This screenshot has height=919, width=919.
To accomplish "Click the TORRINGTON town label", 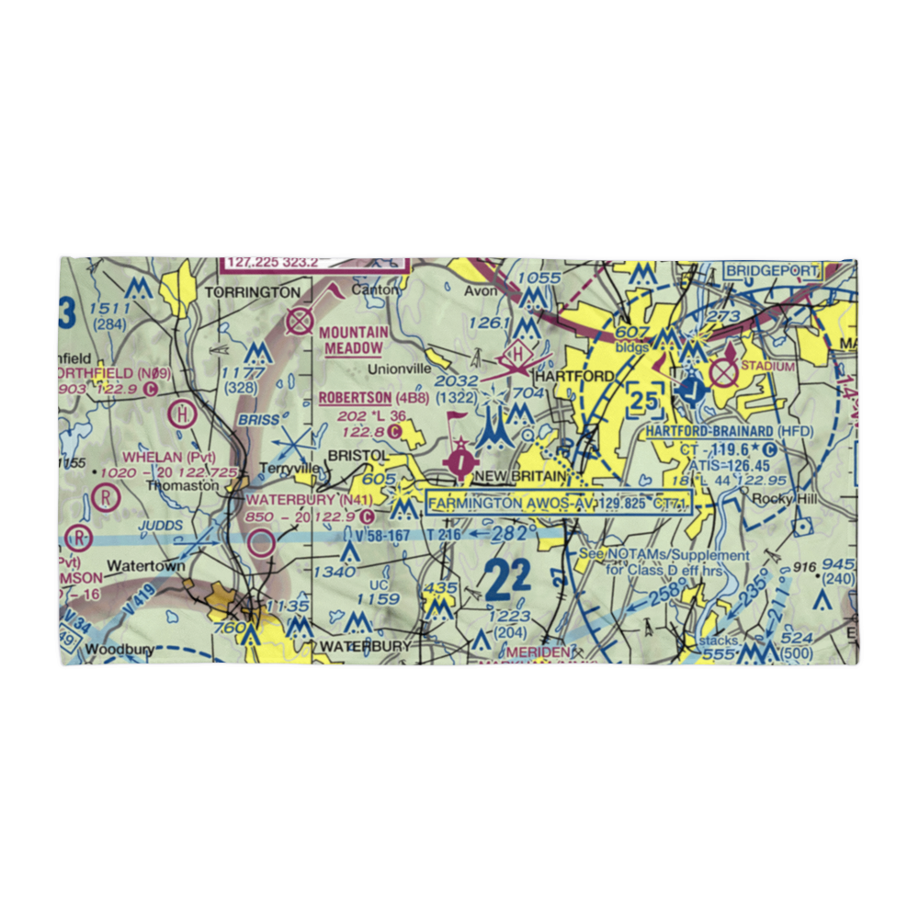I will tap(252, 292).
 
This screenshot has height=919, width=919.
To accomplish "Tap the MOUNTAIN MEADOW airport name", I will tap(355, 340).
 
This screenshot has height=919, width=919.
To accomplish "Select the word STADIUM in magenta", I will tap(766, 367).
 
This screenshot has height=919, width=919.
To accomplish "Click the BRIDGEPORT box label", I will tap(771, 271).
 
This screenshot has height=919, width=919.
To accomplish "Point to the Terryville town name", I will tap(292, 468).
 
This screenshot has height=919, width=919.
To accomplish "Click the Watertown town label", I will tap(146, 566).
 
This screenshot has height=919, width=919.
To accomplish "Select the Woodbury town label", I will tap(111, 650).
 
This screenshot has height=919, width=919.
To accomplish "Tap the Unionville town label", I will tap(399, 369).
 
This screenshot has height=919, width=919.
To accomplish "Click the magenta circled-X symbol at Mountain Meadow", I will tap(300, 321).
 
